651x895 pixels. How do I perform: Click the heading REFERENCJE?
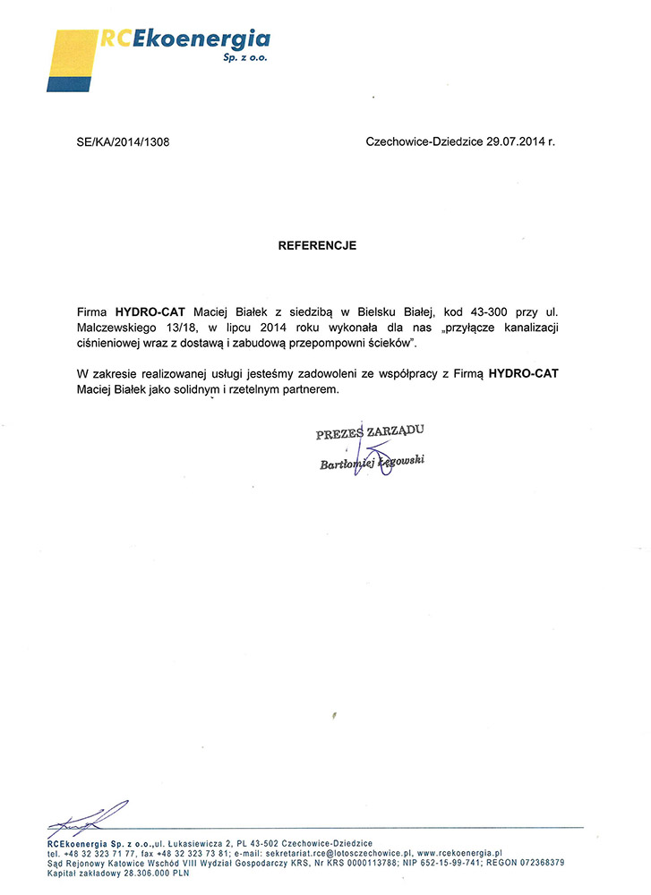[317, 245]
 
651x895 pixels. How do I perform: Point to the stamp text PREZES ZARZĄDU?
[369, 433]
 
